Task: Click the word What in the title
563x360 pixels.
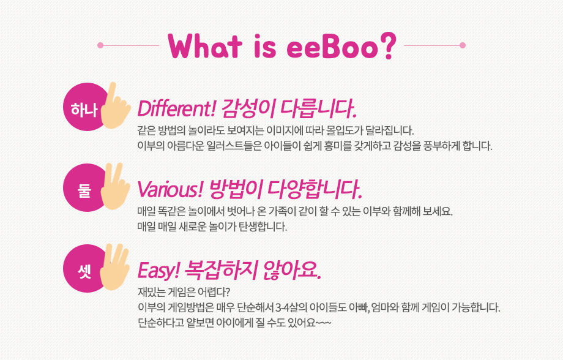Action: click(204, 46)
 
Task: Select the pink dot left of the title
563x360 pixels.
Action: click(100, 45)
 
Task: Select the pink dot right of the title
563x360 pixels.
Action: click(463, 45)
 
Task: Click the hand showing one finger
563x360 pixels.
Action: click(115, 106)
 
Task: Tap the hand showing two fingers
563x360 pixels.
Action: click(115, 187)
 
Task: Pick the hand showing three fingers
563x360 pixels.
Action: click(115, 268)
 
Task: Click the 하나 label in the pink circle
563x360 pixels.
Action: click(84, 109)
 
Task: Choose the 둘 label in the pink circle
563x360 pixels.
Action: click(84, 190)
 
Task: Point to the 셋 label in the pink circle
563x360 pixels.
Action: click(84, 271)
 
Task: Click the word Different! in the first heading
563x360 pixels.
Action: click(176, 108)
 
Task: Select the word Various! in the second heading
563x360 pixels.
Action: click(170, 189)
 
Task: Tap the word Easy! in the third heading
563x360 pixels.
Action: click(158, 270)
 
